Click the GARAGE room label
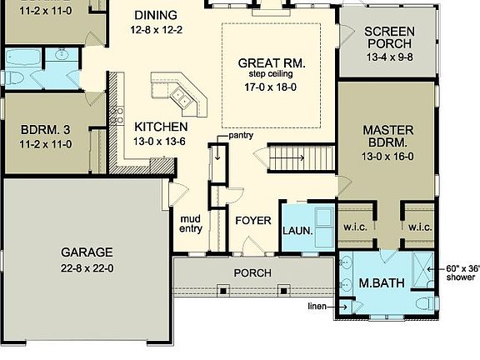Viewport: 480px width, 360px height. (87, 252)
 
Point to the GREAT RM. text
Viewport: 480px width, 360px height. (272, 62)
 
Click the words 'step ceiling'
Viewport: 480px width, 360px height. (272, 74)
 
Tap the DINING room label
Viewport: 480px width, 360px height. (155, 14)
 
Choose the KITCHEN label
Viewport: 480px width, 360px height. (161, 127)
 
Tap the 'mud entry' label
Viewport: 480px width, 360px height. (191, 224)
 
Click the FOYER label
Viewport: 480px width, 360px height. (252, 221)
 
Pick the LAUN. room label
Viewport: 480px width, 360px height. (297, 231)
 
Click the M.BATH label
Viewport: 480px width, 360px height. (382, 283)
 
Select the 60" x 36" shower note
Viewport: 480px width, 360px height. (462, 272)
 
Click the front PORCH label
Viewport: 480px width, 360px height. (251, 272)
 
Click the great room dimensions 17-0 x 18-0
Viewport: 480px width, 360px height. (272, 86)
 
